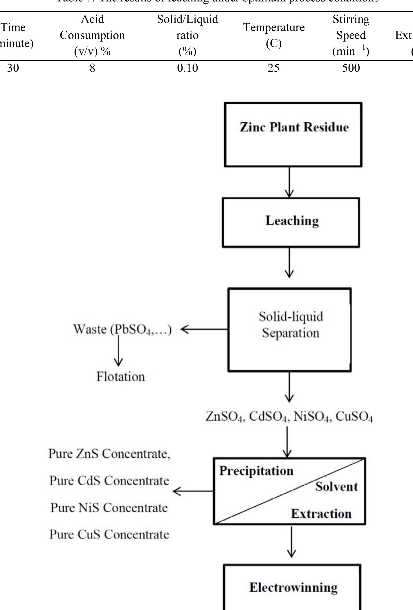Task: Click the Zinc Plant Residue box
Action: pyautogui.click(x=293, y=134)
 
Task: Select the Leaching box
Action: pyautogui.click(x=291, y=223)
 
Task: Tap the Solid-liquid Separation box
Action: pyautogui.click(x=290, y=329)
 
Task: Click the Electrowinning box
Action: pyautogui.click(x=293, y=587)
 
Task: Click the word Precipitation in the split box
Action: pyautogui.click(x=256, y=471)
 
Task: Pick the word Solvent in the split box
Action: pyautogui.click(x=337, y=487)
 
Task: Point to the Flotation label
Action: pyautogui.click(x=120, y=377)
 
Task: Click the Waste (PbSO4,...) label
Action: pyautogui.click(x=122, y=329)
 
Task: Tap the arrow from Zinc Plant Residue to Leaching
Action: pyautogui.click(x=289, y=182)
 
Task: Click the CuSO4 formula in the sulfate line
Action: pyautogui.click(x=354, y=417)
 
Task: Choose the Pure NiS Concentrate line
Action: pyautogui.click(x=109, y=508)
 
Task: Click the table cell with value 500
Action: pyautogui.click(x=351, y=68)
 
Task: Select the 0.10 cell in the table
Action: pyautogui.click(x=187, y=68)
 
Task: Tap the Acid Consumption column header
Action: pyautogui.click(x=92, y=35)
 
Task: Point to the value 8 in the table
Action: pyautogui.click(x=92, y=68)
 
